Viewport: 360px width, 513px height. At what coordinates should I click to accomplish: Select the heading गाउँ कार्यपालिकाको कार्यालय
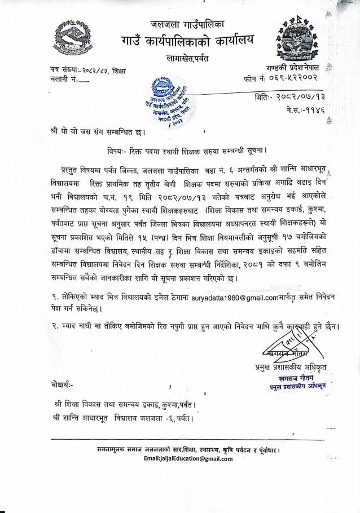click(186, 41)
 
